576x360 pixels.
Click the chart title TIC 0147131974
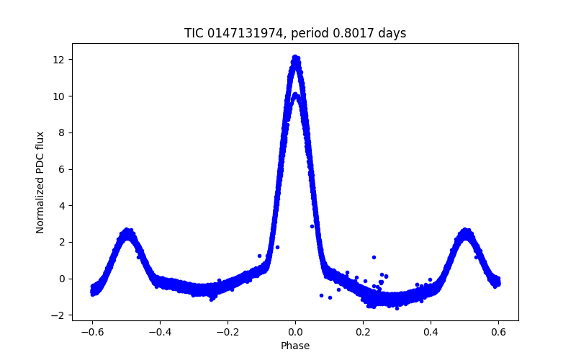233,33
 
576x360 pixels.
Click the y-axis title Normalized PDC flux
40,183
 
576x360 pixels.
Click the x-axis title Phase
295,346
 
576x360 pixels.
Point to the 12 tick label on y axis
58,60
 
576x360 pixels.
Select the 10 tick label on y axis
58,96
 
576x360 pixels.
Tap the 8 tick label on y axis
60,132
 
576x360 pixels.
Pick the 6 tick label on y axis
60,169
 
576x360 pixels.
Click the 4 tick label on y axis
60,206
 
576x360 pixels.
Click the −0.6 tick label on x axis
92,333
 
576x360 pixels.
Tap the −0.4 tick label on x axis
159,333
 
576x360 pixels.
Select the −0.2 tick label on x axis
228,333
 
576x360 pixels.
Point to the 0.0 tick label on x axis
295,333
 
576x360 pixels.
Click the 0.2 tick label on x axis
363,333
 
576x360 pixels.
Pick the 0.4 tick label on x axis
431,333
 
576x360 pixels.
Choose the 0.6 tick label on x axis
498,333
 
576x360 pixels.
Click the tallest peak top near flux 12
295,58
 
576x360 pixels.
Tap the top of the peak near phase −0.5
127,230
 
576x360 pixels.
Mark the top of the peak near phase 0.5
465,230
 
